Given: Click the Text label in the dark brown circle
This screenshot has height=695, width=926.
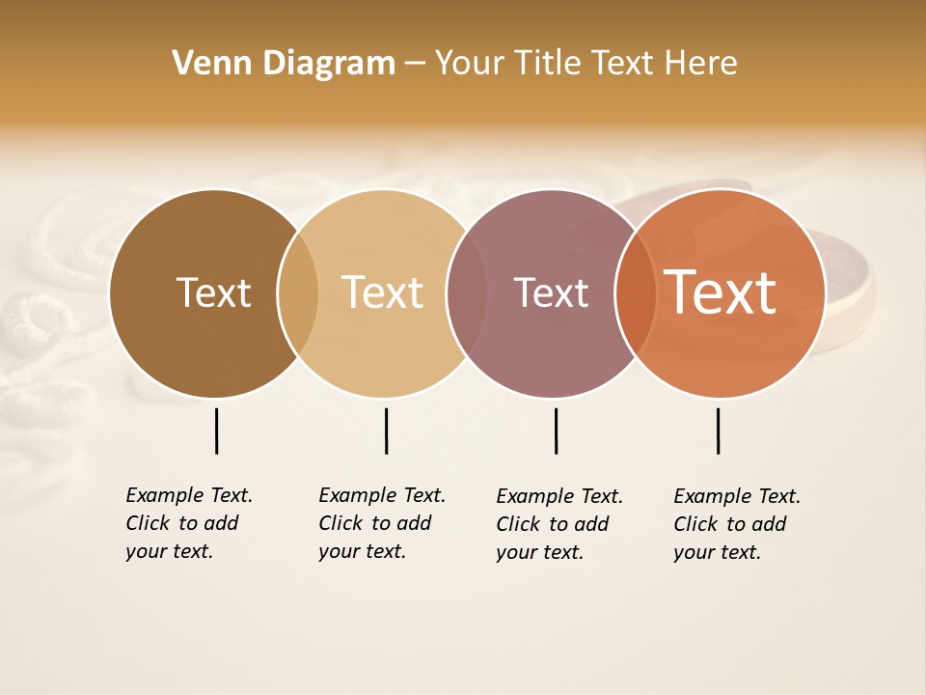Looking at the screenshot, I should (x=213, y=292).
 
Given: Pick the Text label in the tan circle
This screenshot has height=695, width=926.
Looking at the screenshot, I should (x=383, y=292).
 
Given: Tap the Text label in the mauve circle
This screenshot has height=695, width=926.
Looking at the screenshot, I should (x=551, y=292).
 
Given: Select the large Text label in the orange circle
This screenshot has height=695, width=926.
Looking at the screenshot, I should (x=721, y=292).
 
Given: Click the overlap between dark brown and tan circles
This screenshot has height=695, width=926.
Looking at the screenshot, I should (x=298, y=293).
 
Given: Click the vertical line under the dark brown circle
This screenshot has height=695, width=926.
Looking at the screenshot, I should (x=216, y=431).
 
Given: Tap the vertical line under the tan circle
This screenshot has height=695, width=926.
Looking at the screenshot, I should (x=386, y=431).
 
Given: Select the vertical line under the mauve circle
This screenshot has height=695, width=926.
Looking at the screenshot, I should (x=556, y=431).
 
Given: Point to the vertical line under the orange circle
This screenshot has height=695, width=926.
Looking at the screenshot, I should (x=718, y=431).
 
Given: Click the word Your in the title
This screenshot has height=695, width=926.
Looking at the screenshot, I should (x=469, y=64).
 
